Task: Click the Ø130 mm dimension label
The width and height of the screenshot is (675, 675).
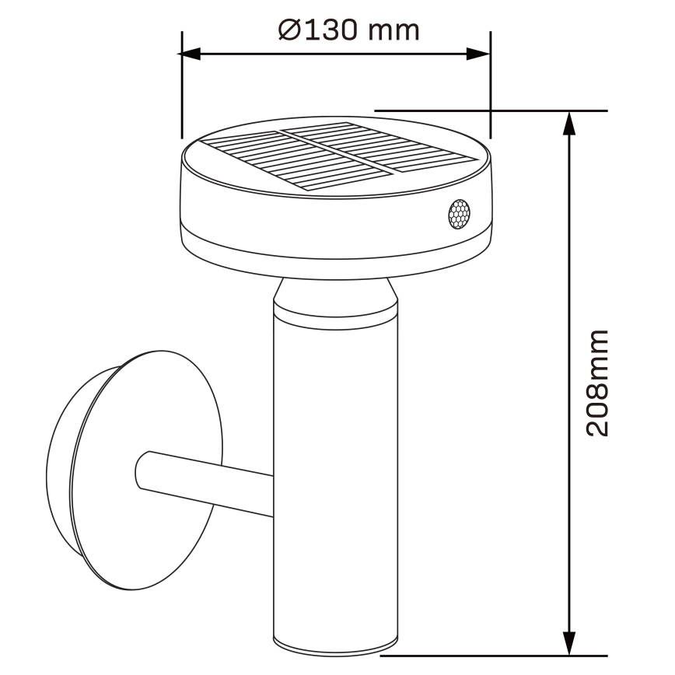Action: click(349, 30)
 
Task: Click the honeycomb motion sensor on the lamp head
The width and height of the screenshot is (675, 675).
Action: click(458, 214)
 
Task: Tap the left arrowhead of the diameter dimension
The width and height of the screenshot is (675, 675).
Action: click(191, 54)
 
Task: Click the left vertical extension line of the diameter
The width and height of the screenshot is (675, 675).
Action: click(181, 86)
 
